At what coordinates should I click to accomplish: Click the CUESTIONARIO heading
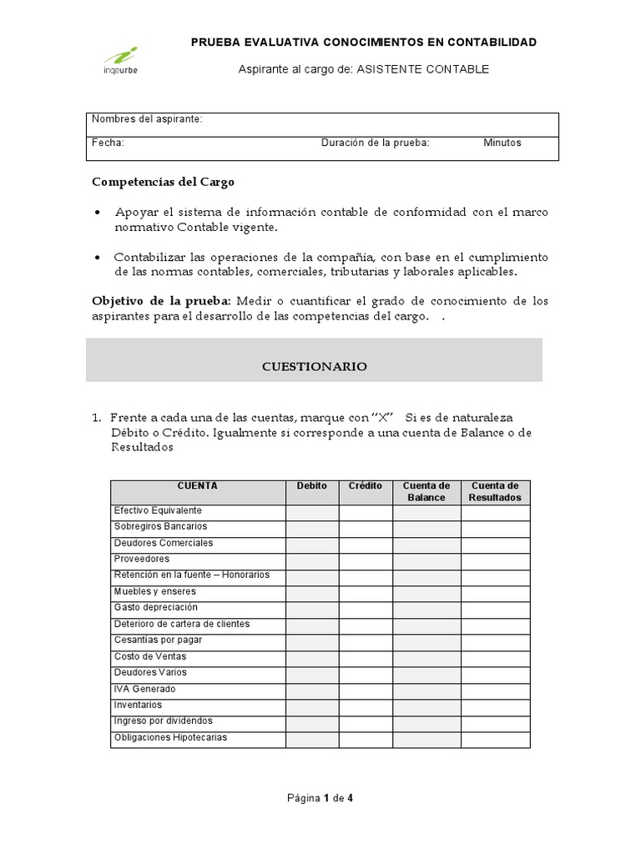tap(314, 366)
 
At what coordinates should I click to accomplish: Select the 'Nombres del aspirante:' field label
tap(147, 119)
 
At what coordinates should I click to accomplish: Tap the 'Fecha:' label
tap(108, 143)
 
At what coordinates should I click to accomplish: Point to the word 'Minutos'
tap(502, 143)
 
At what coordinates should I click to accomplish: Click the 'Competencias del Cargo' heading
tap(163, 181)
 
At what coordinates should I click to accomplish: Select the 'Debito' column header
tap(312, 486)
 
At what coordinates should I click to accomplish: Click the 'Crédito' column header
tap(365, 486)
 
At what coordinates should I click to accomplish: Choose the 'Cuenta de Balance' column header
tap(426, 492)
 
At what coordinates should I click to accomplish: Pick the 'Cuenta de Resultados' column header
tap(495, 492)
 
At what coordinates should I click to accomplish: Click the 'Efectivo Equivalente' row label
tap(158, 510)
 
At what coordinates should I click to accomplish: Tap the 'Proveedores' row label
tap(141, 559)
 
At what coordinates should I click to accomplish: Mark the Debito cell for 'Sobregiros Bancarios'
tap(312, 529)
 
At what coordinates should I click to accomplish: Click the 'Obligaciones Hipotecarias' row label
tap(170, 738)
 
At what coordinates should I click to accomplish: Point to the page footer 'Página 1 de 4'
tap(320, 798)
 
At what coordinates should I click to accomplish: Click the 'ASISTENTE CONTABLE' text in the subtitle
tap(422, 69)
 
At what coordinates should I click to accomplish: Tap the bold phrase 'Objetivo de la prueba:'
tap(162, 300)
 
